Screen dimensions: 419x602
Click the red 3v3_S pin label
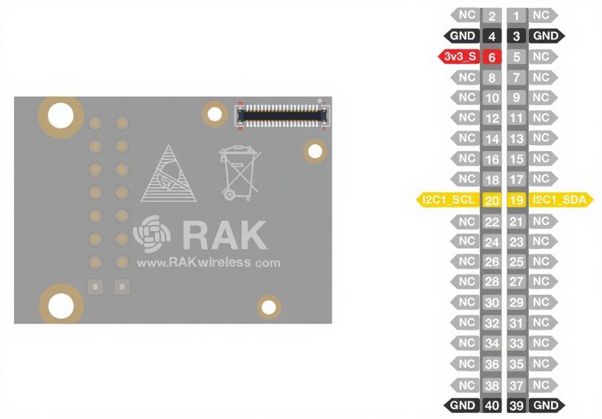pyautogui.click(x=460, y=57)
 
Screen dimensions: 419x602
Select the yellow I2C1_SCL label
pyautogui.click(x=448, y=199)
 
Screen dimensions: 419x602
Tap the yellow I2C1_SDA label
pyautogui.click(x=561, y=199)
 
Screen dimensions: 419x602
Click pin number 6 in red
pyautogui.click(x=492, y=58)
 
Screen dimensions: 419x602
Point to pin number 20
pyautogui.click(x=492, y=200)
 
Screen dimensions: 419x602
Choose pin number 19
pyautogui.click(x=516, y=200)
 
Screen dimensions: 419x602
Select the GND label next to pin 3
pyautogui.click(x=546, y=36)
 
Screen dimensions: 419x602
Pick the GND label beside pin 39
pyautogui.click(x=546, y=406)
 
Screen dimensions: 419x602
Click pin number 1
pyautogui.click(x=516, y=15)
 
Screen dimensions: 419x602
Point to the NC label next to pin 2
pyautogui.click(x=467, y=15)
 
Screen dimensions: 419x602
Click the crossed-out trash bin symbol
pyautogui.click(x=239, y=173)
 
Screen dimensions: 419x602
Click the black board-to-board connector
pyautogui.click(x=280, y=115)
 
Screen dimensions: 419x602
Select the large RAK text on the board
pyautogui.click(x=224, y=234)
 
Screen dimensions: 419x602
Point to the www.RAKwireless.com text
pyautogui.click(x=208, y=263)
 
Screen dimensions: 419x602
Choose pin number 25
pyautogui.click(x=516, y=262)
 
